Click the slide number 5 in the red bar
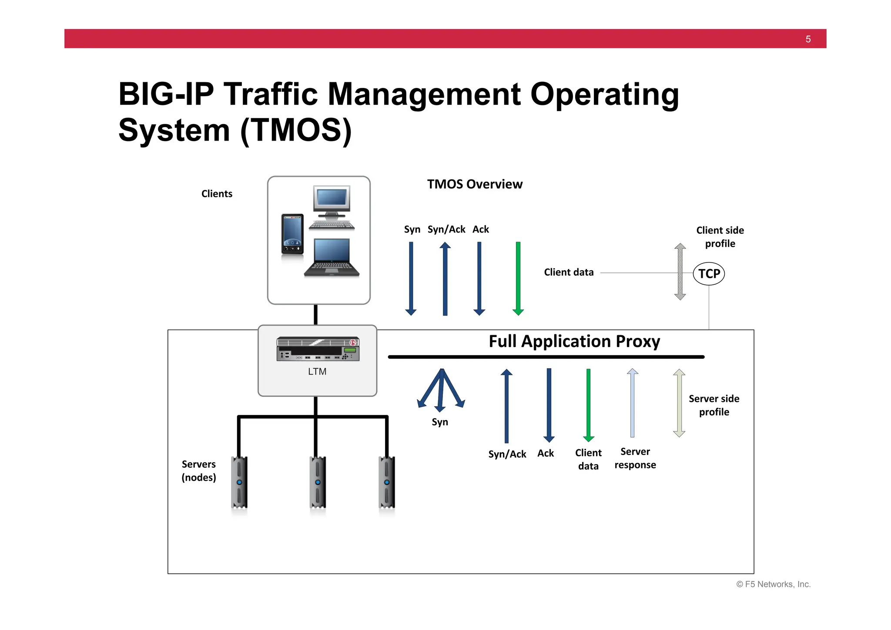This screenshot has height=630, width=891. click(x=808, y=39)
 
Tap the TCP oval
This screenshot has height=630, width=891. click(x=709, y=273)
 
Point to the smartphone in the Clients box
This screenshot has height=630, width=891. click(x=292, y=234)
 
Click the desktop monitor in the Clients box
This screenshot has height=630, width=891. click(x=332, y=201)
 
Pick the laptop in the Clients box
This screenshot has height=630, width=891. click(x=332, y=258)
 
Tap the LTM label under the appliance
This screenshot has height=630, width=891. click(x=317, y=371)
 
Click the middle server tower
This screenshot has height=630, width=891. click(x=318, y=482)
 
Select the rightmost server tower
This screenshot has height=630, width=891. click(x=387, y=482)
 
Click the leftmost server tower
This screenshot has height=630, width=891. click(x=239, y=482)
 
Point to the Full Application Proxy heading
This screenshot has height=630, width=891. click(x=574, y=341)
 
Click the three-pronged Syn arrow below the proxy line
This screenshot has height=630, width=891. click(x=441, y=390)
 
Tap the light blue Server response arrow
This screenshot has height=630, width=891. click(x=632, y=403)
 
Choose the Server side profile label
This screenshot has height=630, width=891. click(x=714, y=405)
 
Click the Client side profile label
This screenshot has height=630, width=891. click(x=720, y=237)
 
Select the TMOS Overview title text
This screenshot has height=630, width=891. click(x=475, y=184)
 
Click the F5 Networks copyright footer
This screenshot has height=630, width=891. click(x=773, y=584)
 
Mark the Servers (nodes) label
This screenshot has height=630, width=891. click(x=199, y=471)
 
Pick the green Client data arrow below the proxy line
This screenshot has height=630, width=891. click(x=588, y=405)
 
